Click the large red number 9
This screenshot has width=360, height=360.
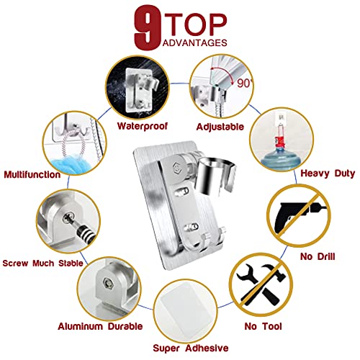pos(147,27)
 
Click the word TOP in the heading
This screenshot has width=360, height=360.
pos(199,24)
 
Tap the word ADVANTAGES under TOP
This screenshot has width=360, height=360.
pos(194,42)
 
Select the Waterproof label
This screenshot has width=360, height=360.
pos(143,126)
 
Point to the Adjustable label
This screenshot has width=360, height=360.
pos(220,127)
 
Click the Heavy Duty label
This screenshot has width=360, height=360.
pos(328,174)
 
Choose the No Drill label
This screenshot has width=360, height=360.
pos(318,256)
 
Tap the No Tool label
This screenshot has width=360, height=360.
pos(263,326)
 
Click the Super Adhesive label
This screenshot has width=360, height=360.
pos(191,348)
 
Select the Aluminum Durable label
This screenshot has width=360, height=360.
pos(100,326)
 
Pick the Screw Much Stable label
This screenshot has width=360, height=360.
pos(42,264)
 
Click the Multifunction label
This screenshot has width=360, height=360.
pos(32,174)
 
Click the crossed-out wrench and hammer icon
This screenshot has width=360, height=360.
pos(261,285)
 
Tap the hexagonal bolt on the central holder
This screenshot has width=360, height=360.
pos(176,166)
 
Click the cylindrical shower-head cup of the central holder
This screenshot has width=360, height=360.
pos(215,175)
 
